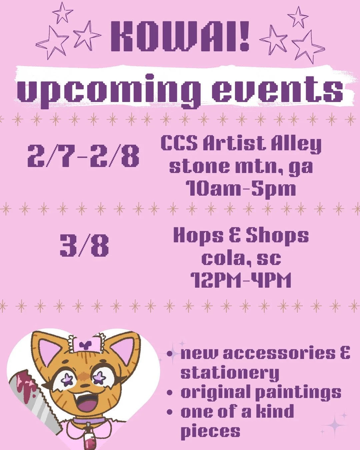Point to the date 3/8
(x=84, y=246)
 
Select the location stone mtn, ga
(x=241, y=166)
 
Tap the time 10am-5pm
(x=241, y=188)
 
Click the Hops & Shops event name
(x=241, y=236)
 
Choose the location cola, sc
(x=241, y=258)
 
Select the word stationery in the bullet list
(x=230, y=373)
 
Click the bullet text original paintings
(x=261, y=393)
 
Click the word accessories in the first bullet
(x=279, y=353)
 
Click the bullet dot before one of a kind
(x=170, y=412)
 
